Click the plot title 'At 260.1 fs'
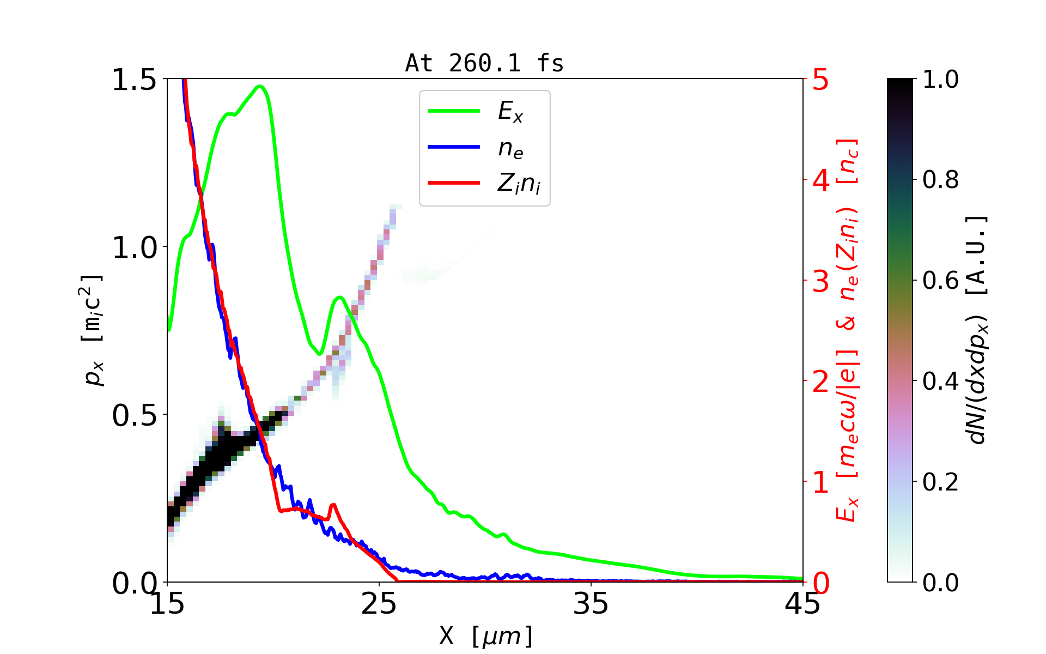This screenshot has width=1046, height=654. [x=484, y=64]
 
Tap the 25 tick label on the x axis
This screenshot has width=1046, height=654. [x=379, y=604]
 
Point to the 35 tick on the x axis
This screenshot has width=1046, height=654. [x=591, y=604]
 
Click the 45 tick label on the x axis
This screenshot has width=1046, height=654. [x=802, y=604]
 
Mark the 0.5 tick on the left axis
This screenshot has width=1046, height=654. [x=134, y=415]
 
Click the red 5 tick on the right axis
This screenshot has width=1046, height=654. [x=820, y=80]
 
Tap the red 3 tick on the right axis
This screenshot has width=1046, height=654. [x=820, y=281]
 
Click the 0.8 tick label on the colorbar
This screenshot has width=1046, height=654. [x=940, y=180]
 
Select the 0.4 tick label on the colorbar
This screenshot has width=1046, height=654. [x=940, y=381]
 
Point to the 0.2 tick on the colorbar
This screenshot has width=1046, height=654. [x=940, y=482]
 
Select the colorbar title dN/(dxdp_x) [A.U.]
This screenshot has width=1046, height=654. [x=977, y=330]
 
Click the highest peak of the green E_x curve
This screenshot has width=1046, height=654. [x=260, y=87]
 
